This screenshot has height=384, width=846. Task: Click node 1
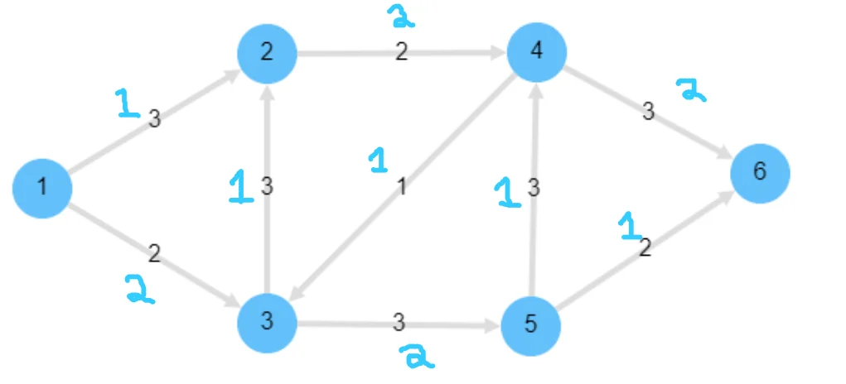click(42, 188)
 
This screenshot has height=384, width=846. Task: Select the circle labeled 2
click(267, 54)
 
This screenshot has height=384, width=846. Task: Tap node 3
click(267, 321)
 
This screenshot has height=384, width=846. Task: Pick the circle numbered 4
click(537, 51)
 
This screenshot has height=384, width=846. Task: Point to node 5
click(531, 324)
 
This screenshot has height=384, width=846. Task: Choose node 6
click(760, 172)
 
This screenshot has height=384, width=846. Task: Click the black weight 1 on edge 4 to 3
click(402, 187)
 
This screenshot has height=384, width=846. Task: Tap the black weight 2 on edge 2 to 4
click(402, 53)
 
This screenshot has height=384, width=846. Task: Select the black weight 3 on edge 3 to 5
click(399, 321)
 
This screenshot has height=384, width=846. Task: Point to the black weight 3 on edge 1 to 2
click(154, 120)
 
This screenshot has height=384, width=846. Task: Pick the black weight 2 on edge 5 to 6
click(645, 247)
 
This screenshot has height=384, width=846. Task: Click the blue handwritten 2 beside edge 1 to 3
click(139, 289)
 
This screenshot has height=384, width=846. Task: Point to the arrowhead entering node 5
click(495, 324)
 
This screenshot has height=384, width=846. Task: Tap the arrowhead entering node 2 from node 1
click(233, 77)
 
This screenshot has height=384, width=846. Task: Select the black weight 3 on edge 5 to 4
click(534, 188)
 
